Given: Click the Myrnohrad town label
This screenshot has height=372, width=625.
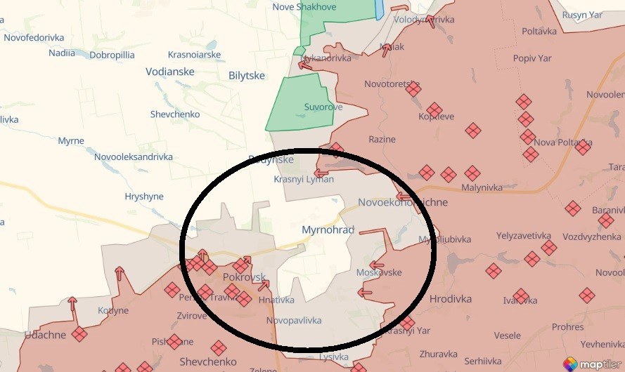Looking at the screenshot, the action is pyautogui.click(x=328, y=230).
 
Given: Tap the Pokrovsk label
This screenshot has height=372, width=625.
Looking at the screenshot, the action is pyautogui.click(x=244, y=277).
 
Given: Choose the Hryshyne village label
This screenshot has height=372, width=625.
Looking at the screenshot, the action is pyautogui.click(x=143, y=197).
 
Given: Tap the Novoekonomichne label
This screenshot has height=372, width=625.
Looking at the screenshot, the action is pyautogui.click(x=402, y=202).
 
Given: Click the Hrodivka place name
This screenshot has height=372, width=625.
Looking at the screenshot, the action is pyautogui.click(x=450, y=298).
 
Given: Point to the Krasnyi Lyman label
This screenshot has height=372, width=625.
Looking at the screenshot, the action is pyautogui.click(x=304, y=179).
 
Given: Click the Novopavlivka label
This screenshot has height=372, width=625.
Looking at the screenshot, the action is pyautogui.click(x=294, y=321).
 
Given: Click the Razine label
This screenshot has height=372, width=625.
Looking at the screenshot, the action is pyautogui.click(x=382, y=139).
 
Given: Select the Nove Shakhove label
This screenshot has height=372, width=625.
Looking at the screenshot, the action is pyautogui.click(x=304, y=7).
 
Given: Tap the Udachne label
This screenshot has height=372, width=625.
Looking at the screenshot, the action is pyautogui.click(x=44, y=336).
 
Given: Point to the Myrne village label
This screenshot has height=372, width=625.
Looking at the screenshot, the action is pyautogui.click(x=71, y=141).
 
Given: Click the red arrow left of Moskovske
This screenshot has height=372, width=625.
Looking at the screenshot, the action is pyautogui.click(x=376, y=266).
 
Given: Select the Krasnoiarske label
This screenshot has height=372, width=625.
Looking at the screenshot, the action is pyautogui.click(x=194, y=55).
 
